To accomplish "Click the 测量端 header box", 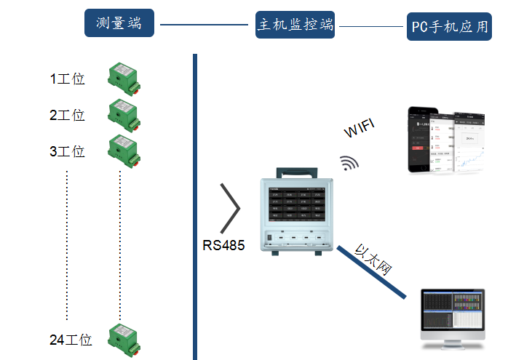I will (119, 24).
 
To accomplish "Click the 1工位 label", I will (67, 79).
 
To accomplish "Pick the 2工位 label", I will (67, 115).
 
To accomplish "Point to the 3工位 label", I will (67, 151).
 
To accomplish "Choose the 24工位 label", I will (71, 340).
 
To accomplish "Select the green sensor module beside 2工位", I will (123, 113).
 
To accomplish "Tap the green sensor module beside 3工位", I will (123, 148).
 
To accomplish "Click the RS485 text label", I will (223, 245).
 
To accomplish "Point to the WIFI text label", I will (360, 129).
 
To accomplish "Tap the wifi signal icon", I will (350, 161).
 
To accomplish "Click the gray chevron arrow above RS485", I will (231, 209).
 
